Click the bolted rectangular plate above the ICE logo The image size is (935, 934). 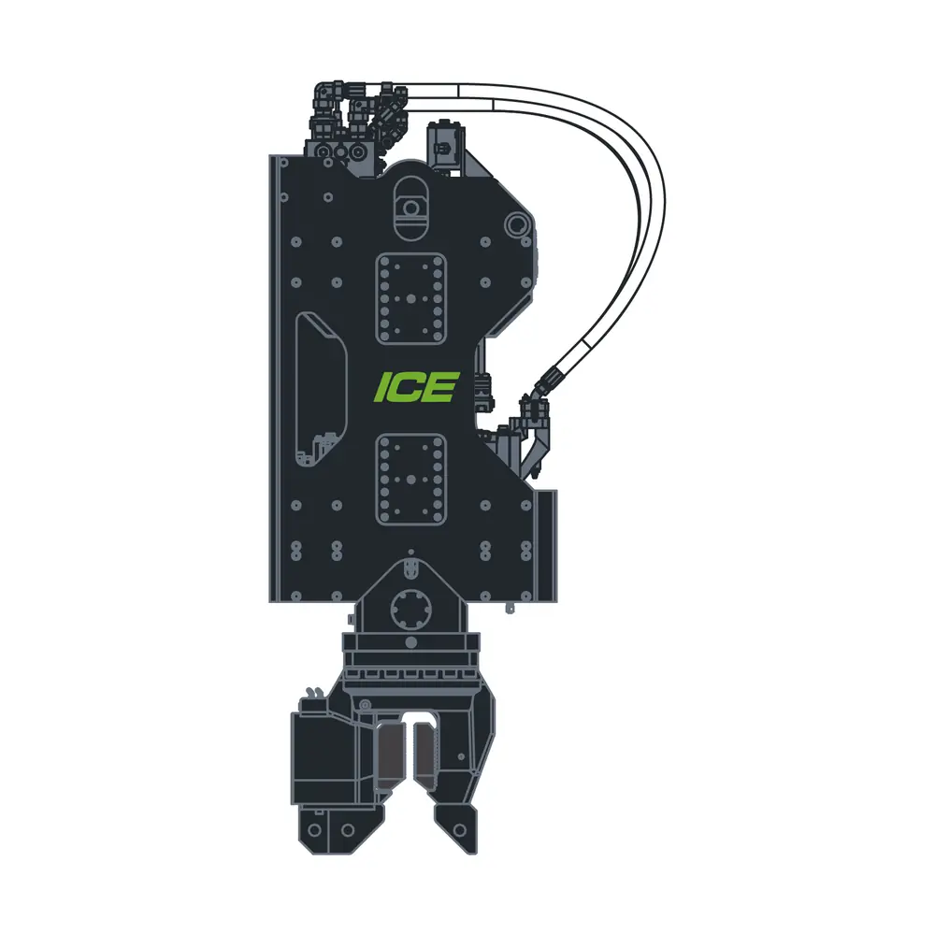410,299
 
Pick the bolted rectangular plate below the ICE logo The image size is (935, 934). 410,480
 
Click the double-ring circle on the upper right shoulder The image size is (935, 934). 516,225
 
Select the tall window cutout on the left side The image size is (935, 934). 321,389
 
